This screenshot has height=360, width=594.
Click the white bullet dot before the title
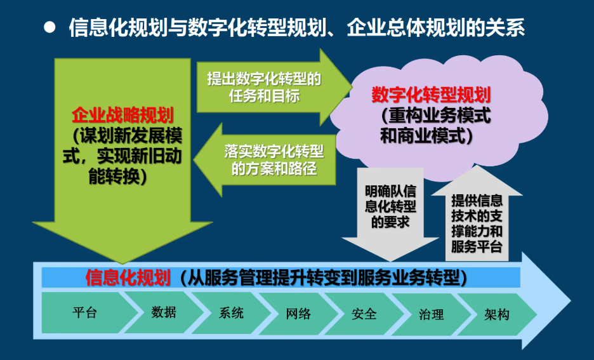click(49, 27)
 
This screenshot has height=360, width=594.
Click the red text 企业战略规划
click(122, 115)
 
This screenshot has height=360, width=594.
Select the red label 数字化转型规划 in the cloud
click(431, 95)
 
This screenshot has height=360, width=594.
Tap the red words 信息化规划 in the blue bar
click(128, 277)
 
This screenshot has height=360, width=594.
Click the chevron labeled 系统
click(232, 313)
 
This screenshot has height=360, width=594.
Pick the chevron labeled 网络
click(298, 314)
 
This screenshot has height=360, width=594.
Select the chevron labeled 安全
click(364, 314)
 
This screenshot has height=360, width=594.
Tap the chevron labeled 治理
click(431, 314)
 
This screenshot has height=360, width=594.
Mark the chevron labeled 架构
click(497, 314)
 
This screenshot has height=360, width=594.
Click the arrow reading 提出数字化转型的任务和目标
click(274, 87)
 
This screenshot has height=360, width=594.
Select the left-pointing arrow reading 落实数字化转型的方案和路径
click(265, 160)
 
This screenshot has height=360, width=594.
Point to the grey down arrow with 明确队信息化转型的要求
click(390, 214)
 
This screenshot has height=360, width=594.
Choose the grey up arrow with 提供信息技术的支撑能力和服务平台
click(477, 213)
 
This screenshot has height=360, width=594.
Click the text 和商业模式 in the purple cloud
click(423, 136)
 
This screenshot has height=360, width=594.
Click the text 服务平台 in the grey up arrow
click(477, 246)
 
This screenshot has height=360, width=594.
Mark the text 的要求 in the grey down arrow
click(390, 222)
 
